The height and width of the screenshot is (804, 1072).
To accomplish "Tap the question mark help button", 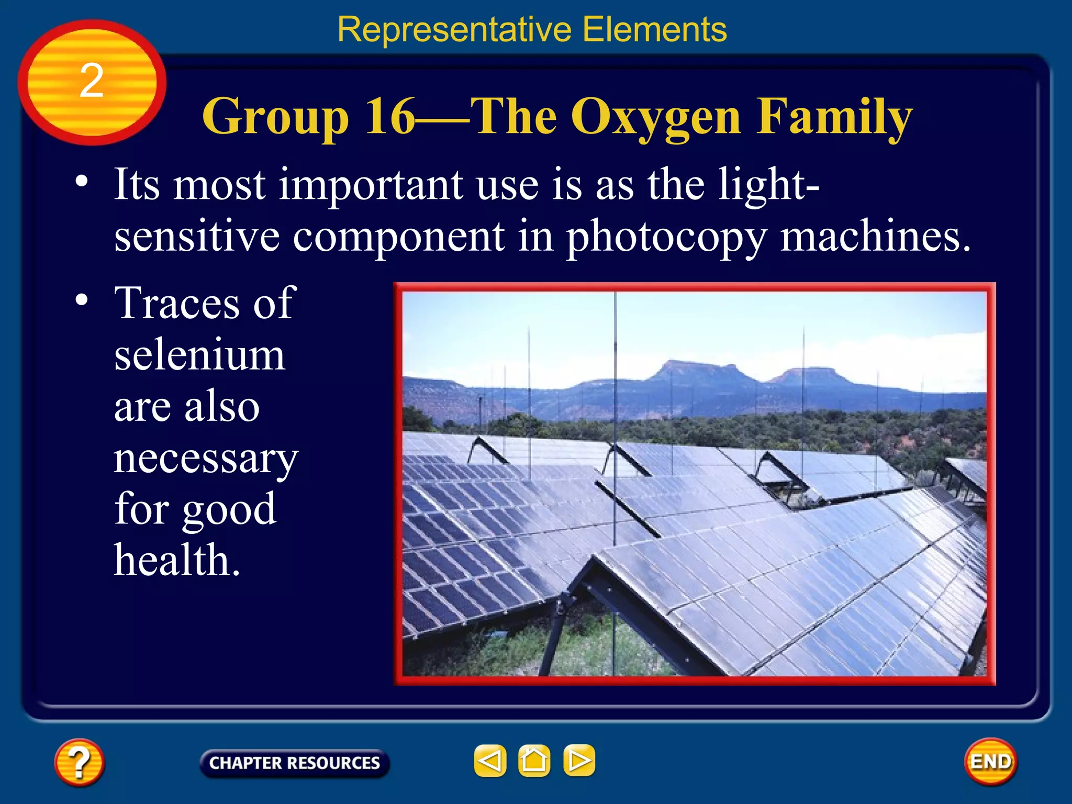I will (79, 762).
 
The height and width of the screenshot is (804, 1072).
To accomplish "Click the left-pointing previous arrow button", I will (490, 761).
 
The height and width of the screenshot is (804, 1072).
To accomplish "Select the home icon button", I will (534, 761).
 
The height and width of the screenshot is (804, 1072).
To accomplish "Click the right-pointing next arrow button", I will (579, 761).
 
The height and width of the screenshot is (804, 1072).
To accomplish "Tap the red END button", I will (990, 762).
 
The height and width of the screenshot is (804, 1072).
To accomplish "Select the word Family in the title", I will (834, 117).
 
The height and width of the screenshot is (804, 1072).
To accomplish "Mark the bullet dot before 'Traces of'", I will (82, 300).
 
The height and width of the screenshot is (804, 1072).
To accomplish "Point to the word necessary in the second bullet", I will (206, 459).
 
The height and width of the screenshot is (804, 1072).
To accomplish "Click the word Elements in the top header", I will (654, 29).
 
